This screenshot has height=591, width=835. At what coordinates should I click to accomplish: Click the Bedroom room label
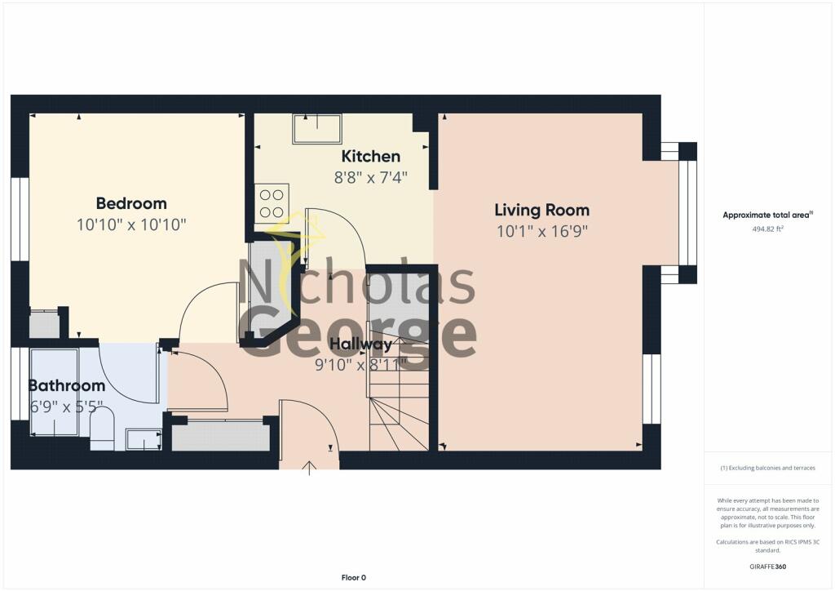tap(131, 203)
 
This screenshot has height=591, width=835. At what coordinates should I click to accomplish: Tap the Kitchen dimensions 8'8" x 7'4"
tap(371, 177)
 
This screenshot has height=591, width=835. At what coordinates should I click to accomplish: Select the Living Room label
tap(542, 210)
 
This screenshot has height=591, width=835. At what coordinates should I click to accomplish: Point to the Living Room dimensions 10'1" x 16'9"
tap(542, 231)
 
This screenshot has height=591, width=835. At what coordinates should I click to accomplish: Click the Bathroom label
tap(67, 385)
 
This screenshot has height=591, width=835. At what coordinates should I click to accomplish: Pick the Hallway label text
tap(361, 344)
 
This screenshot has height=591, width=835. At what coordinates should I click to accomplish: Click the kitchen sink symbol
tap(317, 129)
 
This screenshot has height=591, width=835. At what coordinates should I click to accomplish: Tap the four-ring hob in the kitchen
tap(272, 203)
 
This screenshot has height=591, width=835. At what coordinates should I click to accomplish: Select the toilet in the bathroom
tap(102, 429)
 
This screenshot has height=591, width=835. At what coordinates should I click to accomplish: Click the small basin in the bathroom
tap(144, 440)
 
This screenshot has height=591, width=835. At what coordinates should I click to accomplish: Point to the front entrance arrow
tap(309, 468)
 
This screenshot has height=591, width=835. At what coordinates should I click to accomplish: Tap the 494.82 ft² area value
tap(767, 229)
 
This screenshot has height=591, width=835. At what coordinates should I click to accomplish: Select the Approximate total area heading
tap(767, 215)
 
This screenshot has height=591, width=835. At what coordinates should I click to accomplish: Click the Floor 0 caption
tap(354, 578)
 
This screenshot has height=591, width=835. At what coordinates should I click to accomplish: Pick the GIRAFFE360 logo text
tap(767, 567)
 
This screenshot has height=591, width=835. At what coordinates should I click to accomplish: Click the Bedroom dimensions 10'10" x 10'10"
tap(131, 224)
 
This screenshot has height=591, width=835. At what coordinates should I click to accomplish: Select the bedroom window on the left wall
tap(20, 220)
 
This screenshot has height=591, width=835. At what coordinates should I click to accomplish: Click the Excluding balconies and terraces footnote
tap(767, 468)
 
